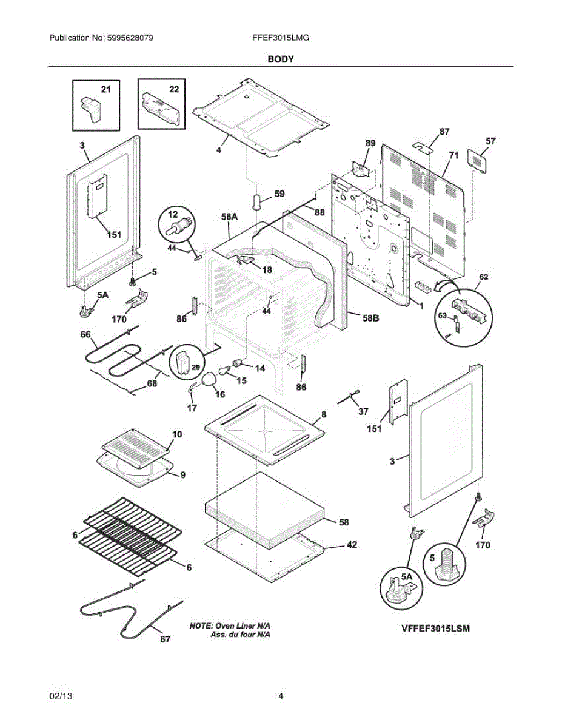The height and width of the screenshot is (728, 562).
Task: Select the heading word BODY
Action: click(281, 59)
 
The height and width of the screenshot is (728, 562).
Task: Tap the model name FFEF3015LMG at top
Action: click(281, 38)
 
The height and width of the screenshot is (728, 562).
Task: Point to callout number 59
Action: click(279, 195)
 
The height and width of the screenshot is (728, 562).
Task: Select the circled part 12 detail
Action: click(176, 228)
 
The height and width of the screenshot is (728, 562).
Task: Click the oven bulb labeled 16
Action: click(209, 379)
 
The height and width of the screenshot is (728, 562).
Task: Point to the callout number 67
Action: click(165, 639)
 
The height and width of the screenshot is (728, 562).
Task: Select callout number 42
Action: click(351, 545)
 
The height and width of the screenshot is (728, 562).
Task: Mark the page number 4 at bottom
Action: click(281, 696)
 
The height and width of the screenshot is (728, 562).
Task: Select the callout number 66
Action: click(85, 334)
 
